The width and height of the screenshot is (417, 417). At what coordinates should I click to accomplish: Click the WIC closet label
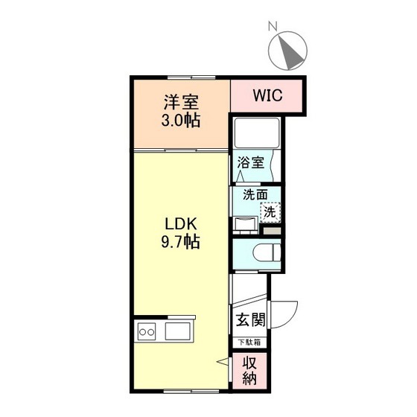point(266,96)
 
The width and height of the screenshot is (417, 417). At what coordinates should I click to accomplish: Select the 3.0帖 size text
point(182,121)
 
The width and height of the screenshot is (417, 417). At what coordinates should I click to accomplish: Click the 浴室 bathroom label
point(250,162)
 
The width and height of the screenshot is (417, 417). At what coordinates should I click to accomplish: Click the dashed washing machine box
point(270,211)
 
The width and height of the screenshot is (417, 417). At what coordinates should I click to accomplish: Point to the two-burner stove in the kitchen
point(147,331)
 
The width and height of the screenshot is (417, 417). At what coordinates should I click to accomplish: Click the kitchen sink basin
point(179,331)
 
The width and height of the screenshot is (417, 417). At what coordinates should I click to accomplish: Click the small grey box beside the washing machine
point(273,230)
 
